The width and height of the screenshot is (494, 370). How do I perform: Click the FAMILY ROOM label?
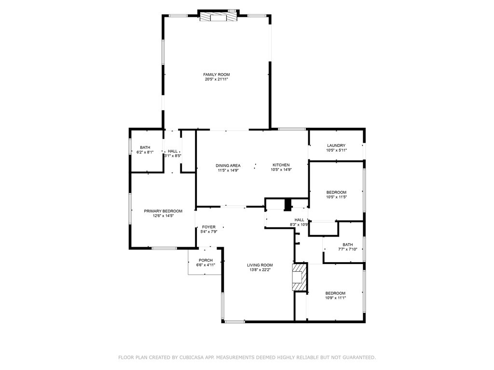(x=216, y=74)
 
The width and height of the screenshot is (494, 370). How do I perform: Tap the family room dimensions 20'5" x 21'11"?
(x=216, y=79)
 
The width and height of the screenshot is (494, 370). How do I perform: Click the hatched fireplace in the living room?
(x=300, y=277)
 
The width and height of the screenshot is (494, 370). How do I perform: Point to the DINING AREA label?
(x=228, y=165)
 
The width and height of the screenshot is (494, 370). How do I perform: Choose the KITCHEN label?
(x=281, y=165)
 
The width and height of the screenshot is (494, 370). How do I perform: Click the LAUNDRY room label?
(x=336, y=145)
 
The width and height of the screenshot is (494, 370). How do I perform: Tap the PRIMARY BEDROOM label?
(x=163, y=211)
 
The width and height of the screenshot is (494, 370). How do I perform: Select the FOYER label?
(x=209, y=227)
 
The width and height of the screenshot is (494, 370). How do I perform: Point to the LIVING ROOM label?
(x=260, y=265)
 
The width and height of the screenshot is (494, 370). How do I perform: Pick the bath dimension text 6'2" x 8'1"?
(x=145, y=152)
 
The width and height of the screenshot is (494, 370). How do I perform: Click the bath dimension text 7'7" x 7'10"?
(x=347, y=249)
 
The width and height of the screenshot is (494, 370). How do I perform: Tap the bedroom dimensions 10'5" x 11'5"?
(x=336, y=197)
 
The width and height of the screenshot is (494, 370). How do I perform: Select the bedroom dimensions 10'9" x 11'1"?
(x=335, y=298)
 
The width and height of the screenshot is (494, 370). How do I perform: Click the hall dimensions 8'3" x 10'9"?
(x=299, y=225)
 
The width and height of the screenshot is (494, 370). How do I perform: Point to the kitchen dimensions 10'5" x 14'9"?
(x=281, y=170)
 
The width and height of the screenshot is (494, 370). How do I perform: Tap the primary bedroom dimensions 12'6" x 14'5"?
(x=163, y=216)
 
